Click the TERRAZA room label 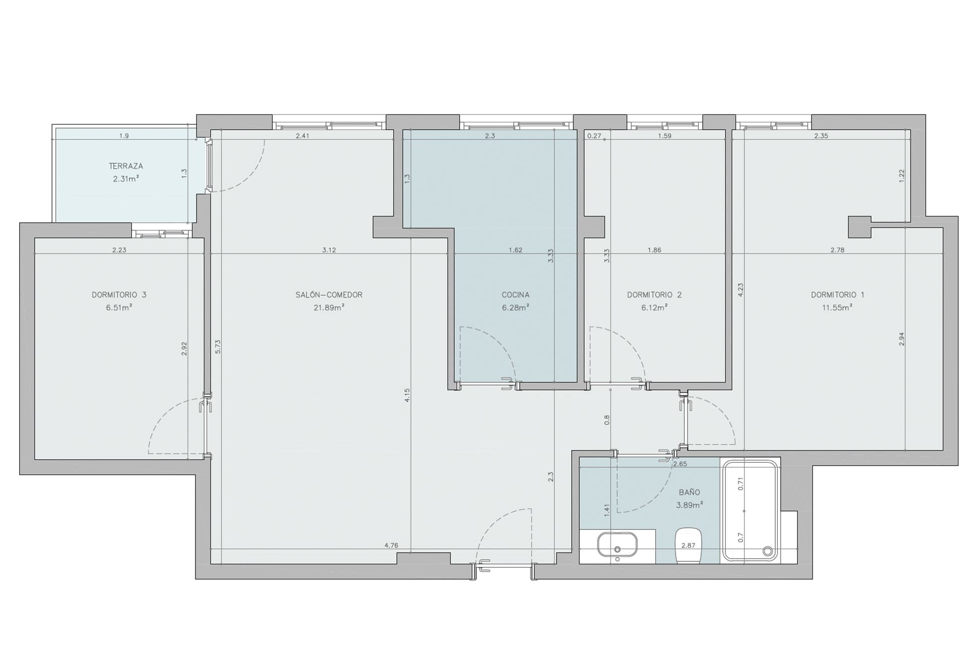click(126, 166)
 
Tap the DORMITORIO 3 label click(119, 295)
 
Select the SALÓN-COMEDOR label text click(329, 295)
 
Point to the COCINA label click(515, 295)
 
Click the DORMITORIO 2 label click(654, 295)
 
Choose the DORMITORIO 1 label click(837, 295)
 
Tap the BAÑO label click(689, 492)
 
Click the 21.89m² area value click(329, 307)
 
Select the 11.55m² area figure click(837, 307)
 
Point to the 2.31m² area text click(126, 178)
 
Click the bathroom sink click(617, 544)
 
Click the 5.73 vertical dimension click(218, 346)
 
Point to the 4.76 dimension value click(391, 545)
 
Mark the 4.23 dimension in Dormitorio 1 click(740, 289)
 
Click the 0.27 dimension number click(594, 136)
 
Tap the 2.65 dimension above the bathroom click(680, 464)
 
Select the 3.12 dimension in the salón click(329, 250)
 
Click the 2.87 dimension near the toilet click(688, 545)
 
